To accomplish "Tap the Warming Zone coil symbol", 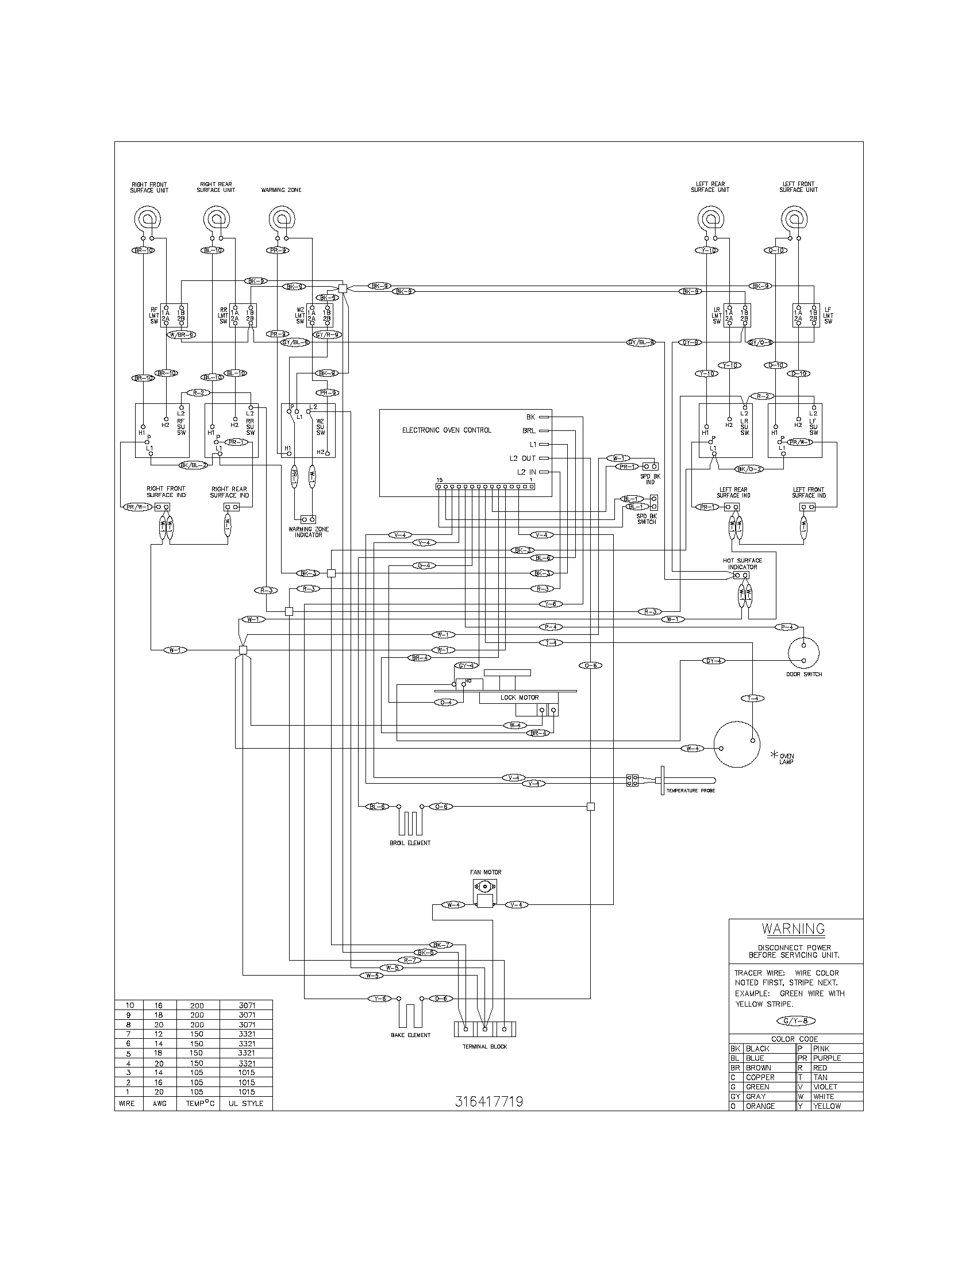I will click(x=281, y=219).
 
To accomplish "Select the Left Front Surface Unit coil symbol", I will click(x=794, y=219).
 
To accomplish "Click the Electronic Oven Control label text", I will click(x=446, y=430).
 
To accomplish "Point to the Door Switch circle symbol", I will click(x=804, y=653).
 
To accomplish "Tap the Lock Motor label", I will click(x=519, y=697).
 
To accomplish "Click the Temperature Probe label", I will click(x=690, y=790).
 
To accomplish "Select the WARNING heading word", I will click(x=793, y=929).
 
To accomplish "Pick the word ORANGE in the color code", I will click(x=760, y=1106).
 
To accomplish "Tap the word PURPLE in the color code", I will click(x=826, y=1058).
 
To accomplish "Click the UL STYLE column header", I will click(x=245, y=1104).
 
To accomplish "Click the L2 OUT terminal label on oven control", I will click(x=522, y=458).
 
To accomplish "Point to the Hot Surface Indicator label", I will click(x=742, y=564).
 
